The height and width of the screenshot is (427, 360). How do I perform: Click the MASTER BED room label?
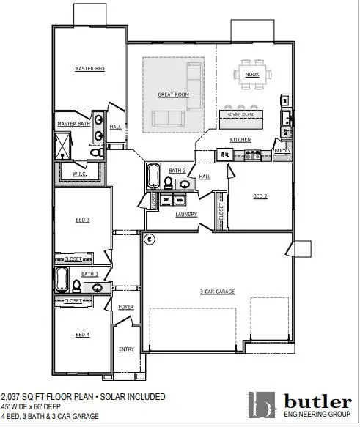point(90,69)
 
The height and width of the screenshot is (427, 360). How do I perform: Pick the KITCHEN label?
point(241,138)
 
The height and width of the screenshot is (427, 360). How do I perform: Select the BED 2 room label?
point(260,196)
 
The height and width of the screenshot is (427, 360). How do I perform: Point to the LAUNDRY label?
point(184,215)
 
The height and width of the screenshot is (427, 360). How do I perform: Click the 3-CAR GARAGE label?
point(217,292)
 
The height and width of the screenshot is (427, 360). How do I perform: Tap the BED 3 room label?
point(82,220)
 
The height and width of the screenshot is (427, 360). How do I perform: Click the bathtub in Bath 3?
point(62,281)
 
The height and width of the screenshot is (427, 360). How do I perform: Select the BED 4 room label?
point(82,335)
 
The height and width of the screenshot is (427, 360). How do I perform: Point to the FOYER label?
point(126,307)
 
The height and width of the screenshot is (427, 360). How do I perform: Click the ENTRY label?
point(126,349)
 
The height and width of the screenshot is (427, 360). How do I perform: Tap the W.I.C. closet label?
point(80,174)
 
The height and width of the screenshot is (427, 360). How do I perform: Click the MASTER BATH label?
point(73,125)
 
